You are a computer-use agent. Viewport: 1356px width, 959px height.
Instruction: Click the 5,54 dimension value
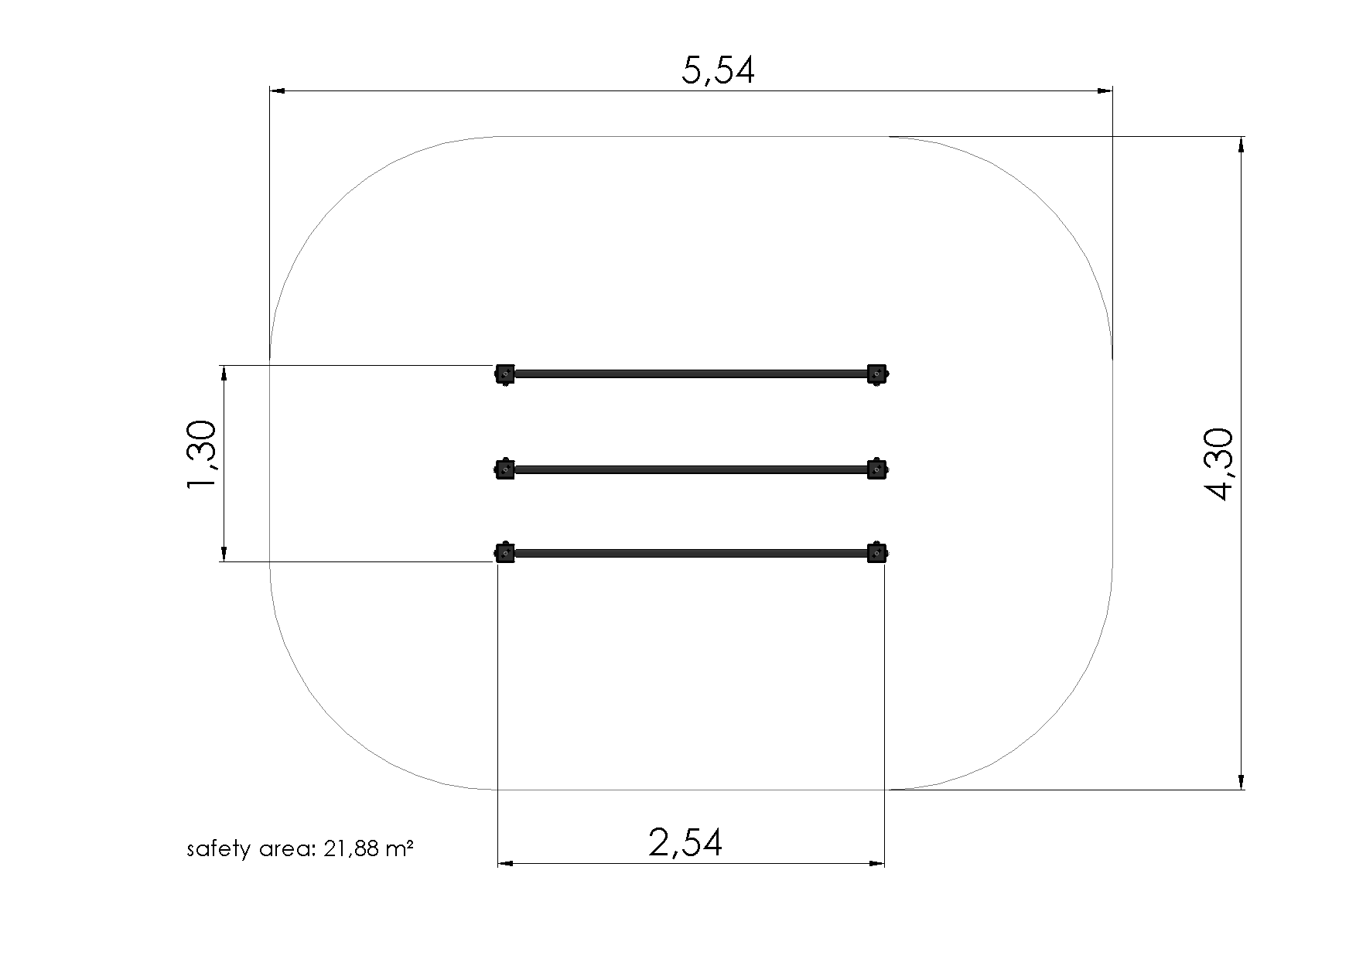point(717,70)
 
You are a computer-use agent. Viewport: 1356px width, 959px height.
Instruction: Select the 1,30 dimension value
point(203,456)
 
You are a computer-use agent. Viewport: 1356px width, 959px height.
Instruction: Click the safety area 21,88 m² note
point(300,849)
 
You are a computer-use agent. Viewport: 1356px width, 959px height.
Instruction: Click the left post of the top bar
point(504,374)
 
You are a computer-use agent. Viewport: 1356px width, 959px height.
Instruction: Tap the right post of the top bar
point(876,374)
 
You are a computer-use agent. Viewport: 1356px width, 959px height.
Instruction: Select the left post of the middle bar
point(504,469)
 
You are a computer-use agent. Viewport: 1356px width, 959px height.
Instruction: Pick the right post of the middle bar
point(876,469)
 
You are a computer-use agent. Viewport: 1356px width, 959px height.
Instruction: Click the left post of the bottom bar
point(504,552)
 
